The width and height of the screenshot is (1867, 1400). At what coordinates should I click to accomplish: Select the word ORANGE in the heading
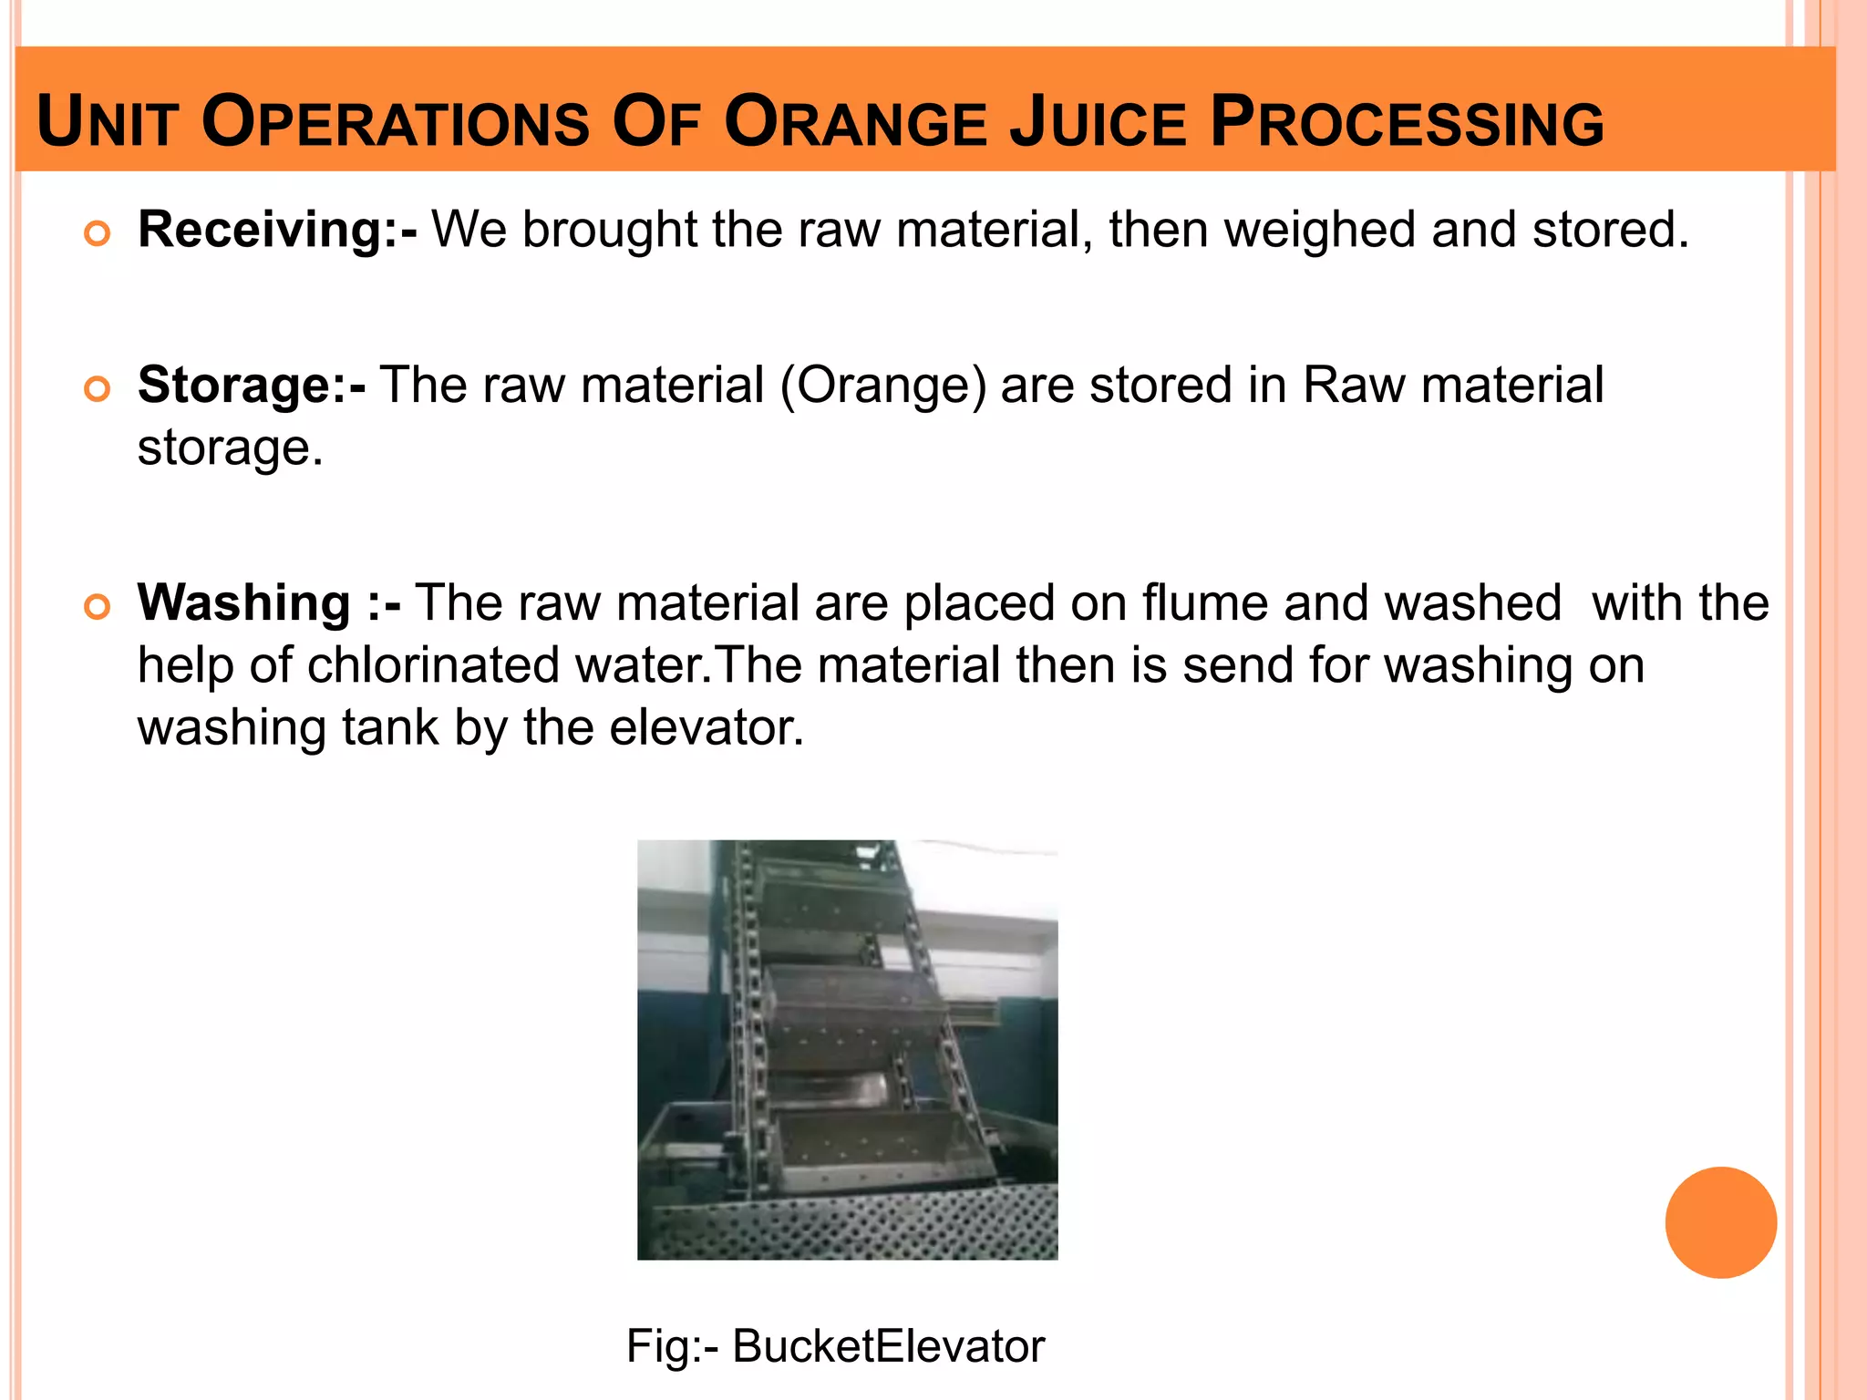point(855,124)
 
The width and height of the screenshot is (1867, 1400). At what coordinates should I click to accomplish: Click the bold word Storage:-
point(252,385)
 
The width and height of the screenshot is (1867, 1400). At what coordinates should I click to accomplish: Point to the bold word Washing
point(244,603)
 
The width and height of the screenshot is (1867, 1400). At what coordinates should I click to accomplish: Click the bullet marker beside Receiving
point(97,234)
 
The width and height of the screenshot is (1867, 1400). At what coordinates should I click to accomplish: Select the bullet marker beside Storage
point(97,389)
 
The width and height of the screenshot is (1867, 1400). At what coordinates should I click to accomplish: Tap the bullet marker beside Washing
point(97,607)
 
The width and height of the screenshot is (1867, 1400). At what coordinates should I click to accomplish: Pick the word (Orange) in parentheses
point(883,386)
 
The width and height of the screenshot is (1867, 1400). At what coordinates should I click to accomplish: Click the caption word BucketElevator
point(888,1346)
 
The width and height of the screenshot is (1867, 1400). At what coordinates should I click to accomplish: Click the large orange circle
point(1720,1222)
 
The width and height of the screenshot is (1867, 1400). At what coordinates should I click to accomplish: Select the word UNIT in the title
point(106,124)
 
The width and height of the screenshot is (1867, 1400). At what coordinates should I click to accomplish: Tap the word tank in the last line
point(390,728)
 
